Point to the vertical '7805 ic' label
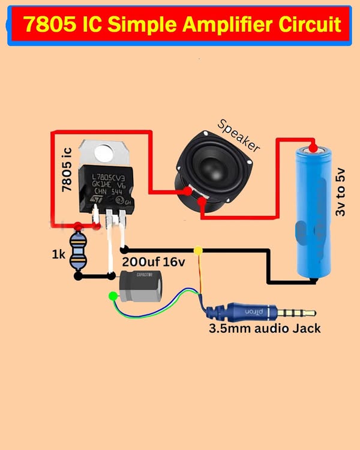point(67,171)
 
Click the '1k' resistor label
point(58,254)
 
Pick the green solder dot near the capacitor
point(112,295)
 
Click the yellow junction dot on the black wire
point(199,250)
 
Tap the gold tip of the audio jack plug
point(310,313)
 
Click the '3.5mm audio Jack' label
point(264,328)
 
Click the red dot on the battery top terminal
point(312,146)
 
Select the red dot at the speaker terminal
point(188,192)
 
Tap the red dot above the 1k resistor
point(78,227)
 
